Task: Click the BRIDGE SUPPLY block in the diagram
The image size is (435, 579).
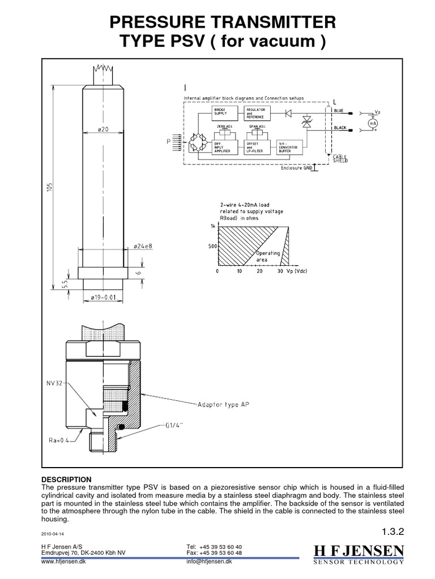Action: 221,113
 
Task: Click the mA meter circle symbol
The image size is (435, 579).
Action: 373,123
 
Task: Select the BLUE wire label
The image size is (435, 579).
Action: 338,110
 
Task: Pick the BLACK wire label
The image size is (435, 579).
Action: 340,128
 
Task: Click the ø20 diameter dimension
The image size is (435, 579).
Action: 103,129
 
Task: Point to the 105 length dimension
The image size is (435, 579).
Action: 49,186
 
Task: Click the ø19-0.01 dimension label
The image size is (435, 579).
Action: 104,297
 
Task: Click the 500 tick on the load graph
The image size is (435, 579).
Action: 212,246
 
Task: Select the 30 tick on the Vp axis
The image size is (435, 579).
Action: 280,271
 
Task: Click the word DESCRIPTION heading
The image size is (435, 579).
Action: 66,479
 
